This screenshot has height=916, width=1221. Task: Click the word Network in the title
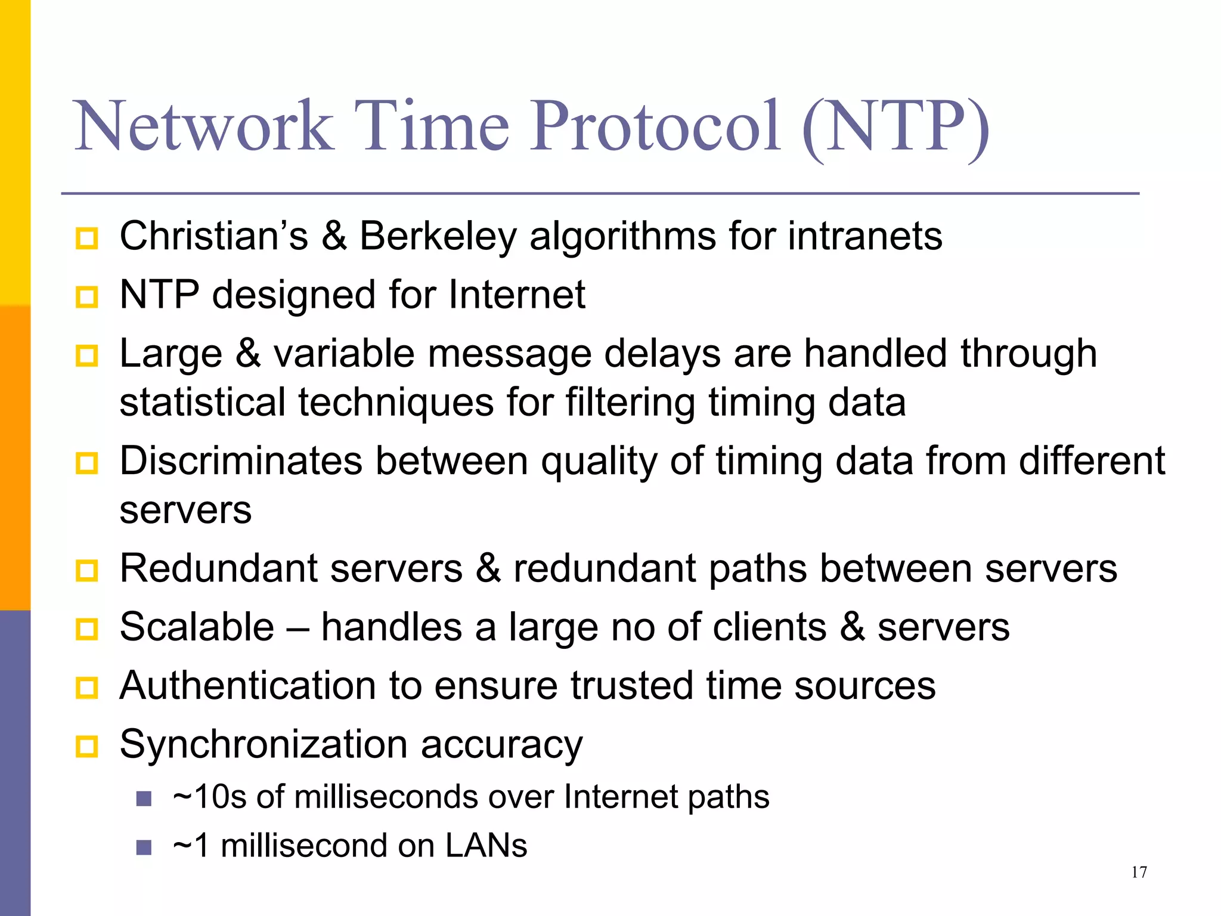(203, 126)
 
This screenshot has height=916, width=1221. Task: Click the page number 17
(1139, 872)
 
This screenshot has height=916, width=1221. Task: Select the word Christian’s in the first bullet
(213, 236)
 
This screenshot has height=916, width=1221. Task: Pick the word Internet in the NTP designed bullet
(516, 295)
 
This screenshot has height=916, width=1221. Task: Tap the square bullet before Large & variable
(87, 356)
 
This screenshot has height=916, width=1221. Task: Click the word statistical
(203, 403)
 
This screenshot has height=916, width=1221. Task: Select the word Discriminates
(241, 461)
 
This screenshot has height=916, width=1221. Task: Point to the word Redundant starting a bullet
(218, 568)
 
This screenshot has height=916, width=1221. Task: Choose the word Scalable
(197, 627)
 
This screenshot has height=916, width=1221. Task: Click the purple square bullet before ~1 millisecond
(144, 847)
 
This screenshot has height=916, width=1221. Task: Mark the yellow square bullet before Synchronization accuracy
(87, 747)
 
